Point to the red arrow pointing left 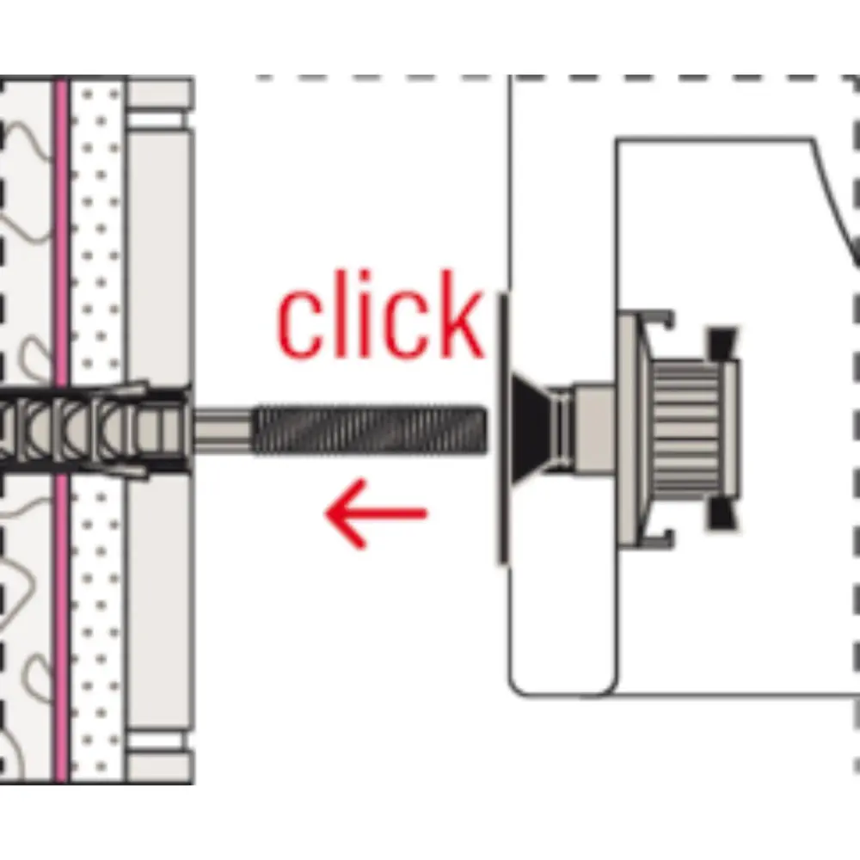tap(375, 514)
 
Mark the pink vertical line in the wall tap(60, 258)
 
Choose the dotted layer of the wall tap(96, 258)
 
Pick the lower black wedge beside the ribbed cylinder tap(721, 514)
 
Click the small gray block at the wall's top tap(160, 93)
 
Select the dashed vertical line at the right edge tap(856, 516)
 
